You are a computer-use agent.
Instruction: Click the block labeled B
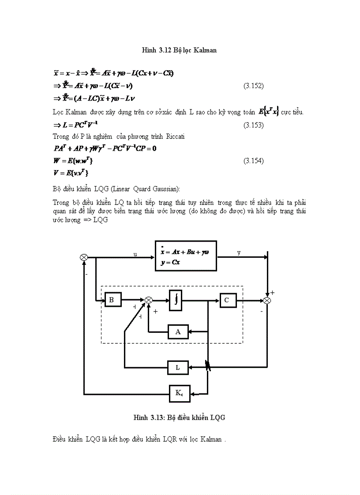pos(112,300)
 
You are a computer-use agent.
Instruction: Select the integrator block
pos(176,300)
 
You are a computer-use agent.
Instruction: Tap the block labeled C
pos(228,300)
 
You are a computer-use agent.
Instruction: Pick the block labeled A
pos(178,331)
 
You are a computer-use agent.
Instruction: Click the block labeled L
pos(178,366)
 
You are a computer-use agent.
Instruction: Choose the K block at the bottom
pos(180,393)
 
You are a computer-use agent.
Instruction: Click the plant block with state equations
pos(186,256)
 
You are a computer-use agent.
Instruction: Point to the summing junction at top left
pos(84,257)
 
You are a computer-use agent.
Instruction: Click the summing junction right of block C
pos(267,300)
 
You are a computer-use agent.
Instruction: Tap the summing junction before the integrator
pos(149,300)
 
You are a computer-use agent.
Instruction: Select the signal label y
pos(239,253)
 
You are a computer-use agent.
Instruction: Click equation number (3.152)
pos(254,86)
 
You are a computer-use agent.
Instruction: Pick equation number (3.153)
pos(254,125)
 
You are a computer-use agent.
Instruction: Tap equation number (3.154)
pos(254,161)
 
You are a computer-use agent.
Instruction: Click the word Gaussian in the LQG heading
pos(164,189)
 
